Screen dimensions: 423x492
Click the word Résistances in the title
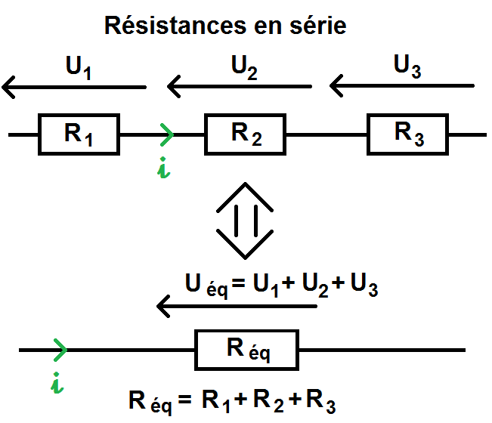[x=166, y=26]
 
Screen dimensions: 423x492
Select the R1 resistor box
[x=79, y=134]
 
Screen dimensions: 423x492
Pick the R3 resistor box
[x=408, y=134]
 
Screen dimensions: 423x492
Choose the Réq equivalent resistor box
[x=247, y=350]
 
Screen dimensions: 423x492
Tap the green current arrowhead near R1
[x=167, y=135]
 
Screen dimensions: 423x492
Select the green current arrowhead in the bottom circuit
[x=60, y=350]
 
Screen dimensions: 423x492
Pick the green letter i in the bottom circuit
[x=57, y=384]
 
